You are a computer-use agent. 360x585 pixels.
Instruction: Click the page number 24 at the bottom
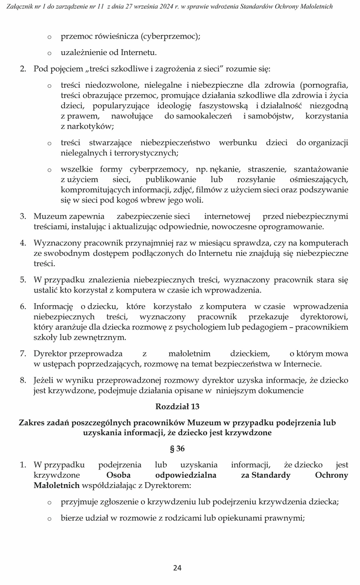click(x=177, y=567)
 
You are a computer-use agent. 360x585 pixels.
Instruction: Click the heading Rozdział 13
click(x=177, y=406)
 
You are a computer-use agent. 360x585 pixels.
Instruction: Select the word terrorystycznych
click(x=146, y=153)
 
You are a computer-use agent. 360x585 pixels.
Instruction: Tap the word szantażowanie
click(x=320, y=169)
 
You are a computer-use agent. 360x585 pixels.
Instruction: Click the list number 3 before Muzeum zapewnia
click(x=22, y=216)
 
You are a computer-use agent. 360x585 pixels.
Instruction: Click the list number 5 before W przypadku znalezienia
click(x=22, y=280)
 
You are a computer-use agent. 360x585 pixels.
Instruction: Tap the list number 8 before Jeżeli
click(x=22, y=380)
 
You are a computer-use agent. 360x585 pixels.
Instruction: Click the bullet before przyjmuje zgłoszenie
click(x=49, y=502)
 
